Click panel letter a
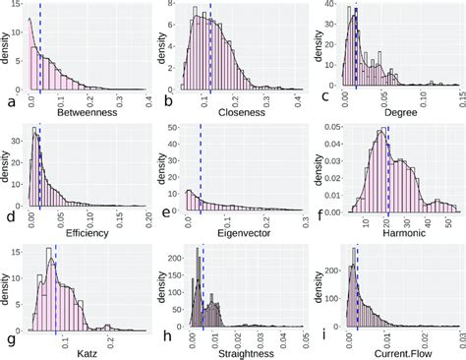point(10,101)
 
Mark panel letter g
point(10,340)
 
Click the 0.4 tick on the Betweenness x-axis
point(146,101)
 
